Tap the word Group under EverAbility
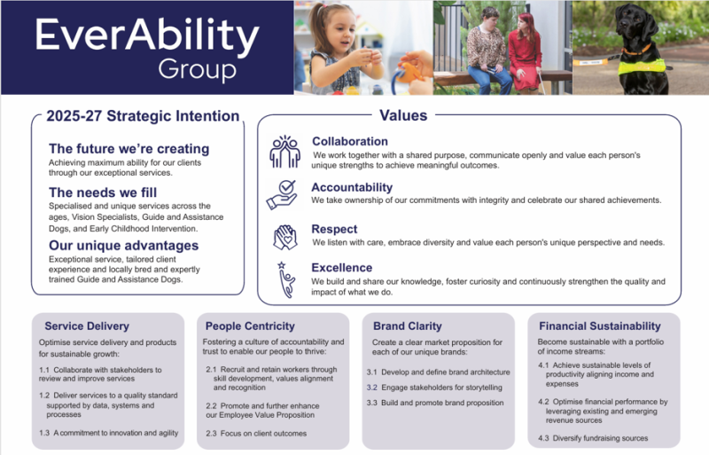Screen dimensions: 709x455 click(197, 69)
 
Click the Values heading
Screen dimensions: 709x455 click(403, 115)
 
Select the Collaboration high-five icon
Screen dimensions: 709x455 click(284, 152)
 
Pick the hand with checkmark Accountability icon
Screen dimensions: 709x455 click(282, 194)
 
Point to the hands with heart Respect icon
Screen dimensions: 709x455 click(284, 237)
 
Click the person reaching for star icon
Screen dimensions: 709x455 click(285, 279)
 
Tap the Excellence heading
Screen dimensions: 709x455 click(342, 268)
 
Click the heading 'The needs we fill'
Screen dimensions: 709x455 click(103, 192)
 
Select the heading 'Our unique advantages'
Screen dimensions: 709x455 click(123, 246)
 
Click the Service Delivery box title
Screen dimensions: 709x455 click(87, 326)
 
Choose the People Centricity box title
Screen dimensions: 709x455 click(250, 326)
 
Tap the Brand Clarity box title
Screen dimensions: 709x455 click(408, 326)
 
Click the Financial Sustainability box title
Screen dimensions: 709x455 click(600, 326)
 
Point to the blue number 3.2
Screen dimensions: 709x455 click(371, 388)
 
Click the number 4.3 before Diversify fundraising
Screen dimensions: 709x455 click(543, 438)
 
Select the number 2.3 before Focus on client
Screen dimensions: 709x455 click(211, 433)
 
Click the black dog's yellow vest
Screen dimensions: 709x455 click(642, 67)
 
